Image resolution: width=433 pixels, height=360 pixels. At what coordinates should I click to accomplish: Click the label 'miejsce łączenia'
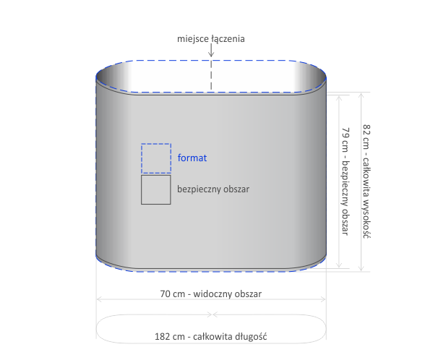(x=210, y=39)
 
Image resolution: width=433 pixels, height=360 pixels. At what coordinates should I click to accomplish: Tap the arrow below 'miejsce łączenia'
(x=211, y=50)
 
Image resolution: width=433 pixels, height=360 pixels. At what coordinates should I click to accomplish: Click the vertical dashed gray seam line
(x=211, y=74)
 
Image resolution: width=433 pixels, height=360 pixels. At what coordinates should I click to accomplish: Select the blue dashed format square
(x=156, y=158)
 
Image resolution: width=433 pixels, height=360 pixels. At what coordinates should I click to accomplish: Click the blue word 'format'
(x=192, y=158)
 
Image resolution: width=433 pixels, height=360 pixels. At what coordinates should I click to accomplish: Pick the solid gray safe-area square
(x=156, y=189)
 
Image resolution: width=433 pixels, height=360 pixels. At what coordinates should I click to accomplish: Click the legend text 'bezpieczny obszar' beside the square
(x=213, y=189)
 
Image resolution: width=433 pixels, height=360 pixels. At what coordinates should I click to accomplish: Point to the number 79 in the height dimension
(x=346, y=133)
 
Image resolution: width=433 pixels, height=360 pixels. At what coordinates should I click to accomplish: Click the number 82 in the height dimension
(x=366, y=130)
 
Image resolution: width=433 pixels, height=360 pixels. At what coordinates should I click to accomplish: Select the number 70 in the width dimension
(x=166, y=293)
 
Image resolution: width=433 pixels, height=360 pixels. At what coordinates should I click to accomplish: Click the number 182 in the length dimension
(x=163, y=337)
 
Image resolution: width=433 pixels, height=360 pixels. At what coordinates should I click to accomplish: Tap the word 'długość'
(x=251, y=337)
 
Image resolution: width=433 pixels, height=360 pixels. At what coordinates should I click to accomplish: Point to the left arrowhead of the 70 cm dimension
(x=99, y=299)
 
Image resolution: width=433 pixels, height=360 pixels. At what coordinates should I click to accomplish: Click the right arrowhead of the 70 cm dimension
(x=323, y=299)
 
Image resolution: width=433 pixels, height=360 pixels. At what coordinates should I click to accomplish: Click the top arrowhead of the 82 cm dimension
(x=361, y=95)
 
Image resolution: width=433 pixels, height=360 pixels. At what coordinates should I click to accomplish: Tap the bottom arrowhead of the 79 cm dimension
(x=339, y=265)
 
